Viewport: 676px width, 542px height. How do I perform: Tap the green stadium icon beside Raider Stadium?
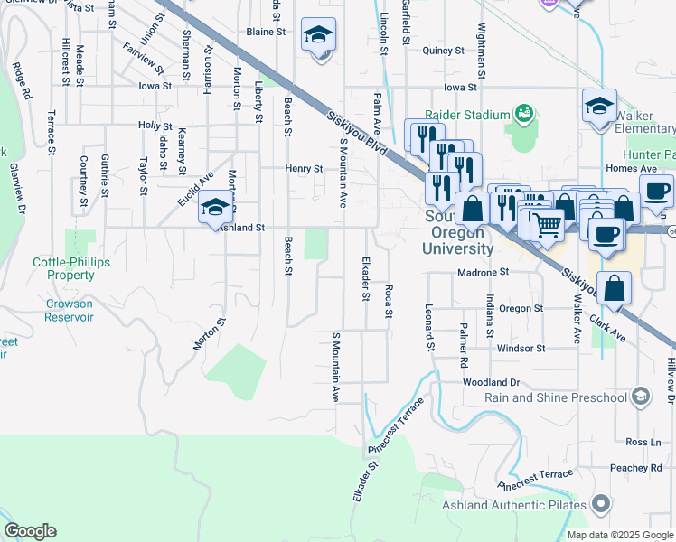click(523, 113)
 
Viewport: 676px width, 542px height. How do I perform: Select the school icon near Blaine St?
click(317, 35)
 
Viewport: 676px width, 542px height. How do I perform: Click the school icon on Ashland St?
click(215, 207)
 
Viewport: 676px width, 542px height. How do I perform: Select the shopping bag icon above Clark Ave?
click(614, 289)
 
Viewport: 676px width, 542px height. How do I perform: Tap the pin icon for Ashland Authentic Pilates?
click(600, 505)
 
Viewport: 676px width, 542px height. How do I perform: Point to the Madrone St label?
click(484, 271)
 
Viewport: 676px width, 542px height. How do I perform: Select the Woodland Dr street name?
click(492, 383)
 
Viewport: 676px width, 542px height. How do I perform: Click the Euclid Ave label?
click(195, 188)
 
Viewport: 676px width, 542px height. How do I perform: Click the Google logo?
click(30, 531)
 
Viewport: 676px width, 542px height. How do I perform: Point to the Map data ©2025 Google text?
click(619, 535)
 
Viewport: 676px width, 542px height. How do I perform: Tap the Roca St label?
click(389, 302)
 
